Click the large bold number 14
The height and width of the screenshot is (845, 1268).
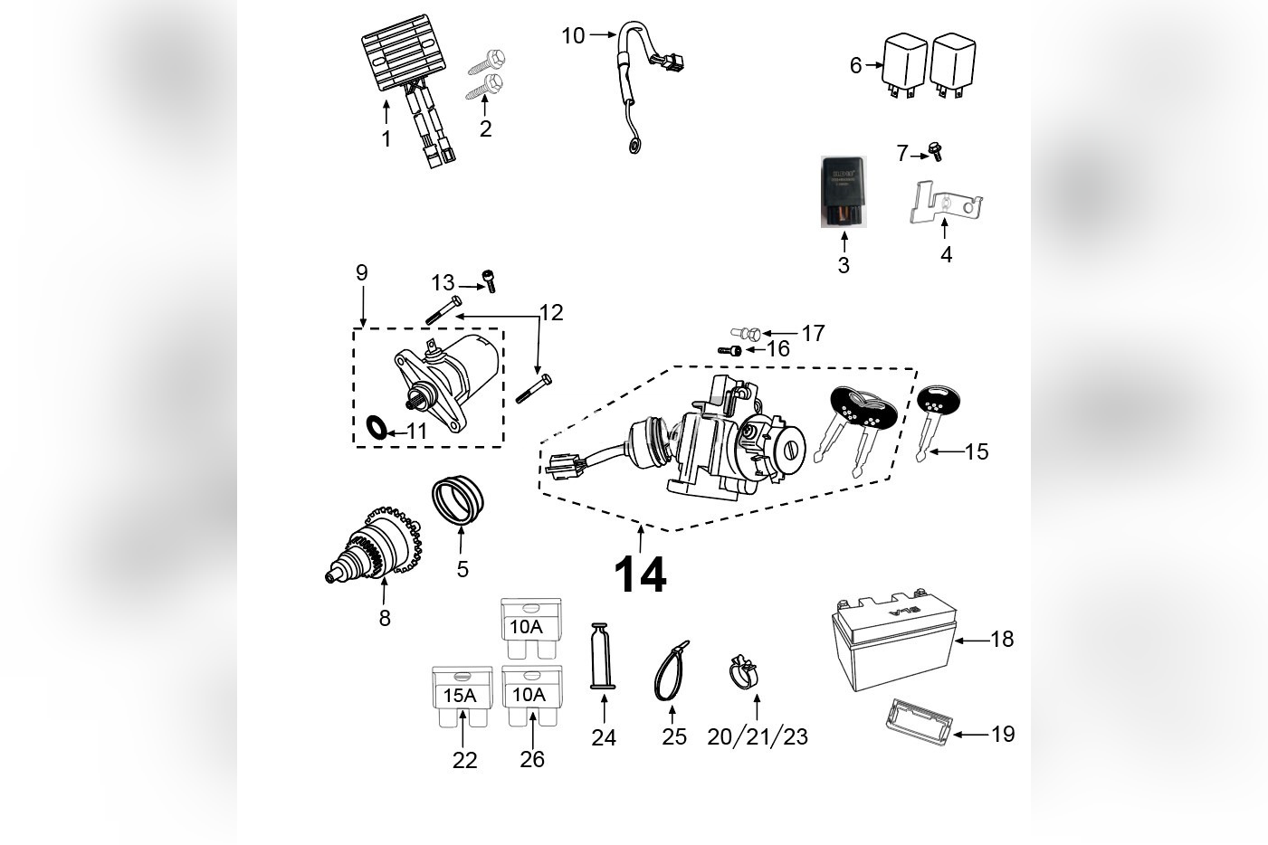(640, 575)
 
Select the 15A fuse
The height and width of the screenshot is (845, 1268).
(462, 695)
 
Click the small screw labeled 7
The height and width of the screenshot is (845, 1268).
(936, 153)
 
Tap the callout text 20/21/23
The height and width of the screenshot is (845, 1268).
(758, 736)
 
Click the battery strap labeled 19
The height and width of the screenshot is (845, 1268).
(916, 721)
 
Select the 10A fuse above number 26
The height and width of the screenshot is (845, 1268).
(531, 695)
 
